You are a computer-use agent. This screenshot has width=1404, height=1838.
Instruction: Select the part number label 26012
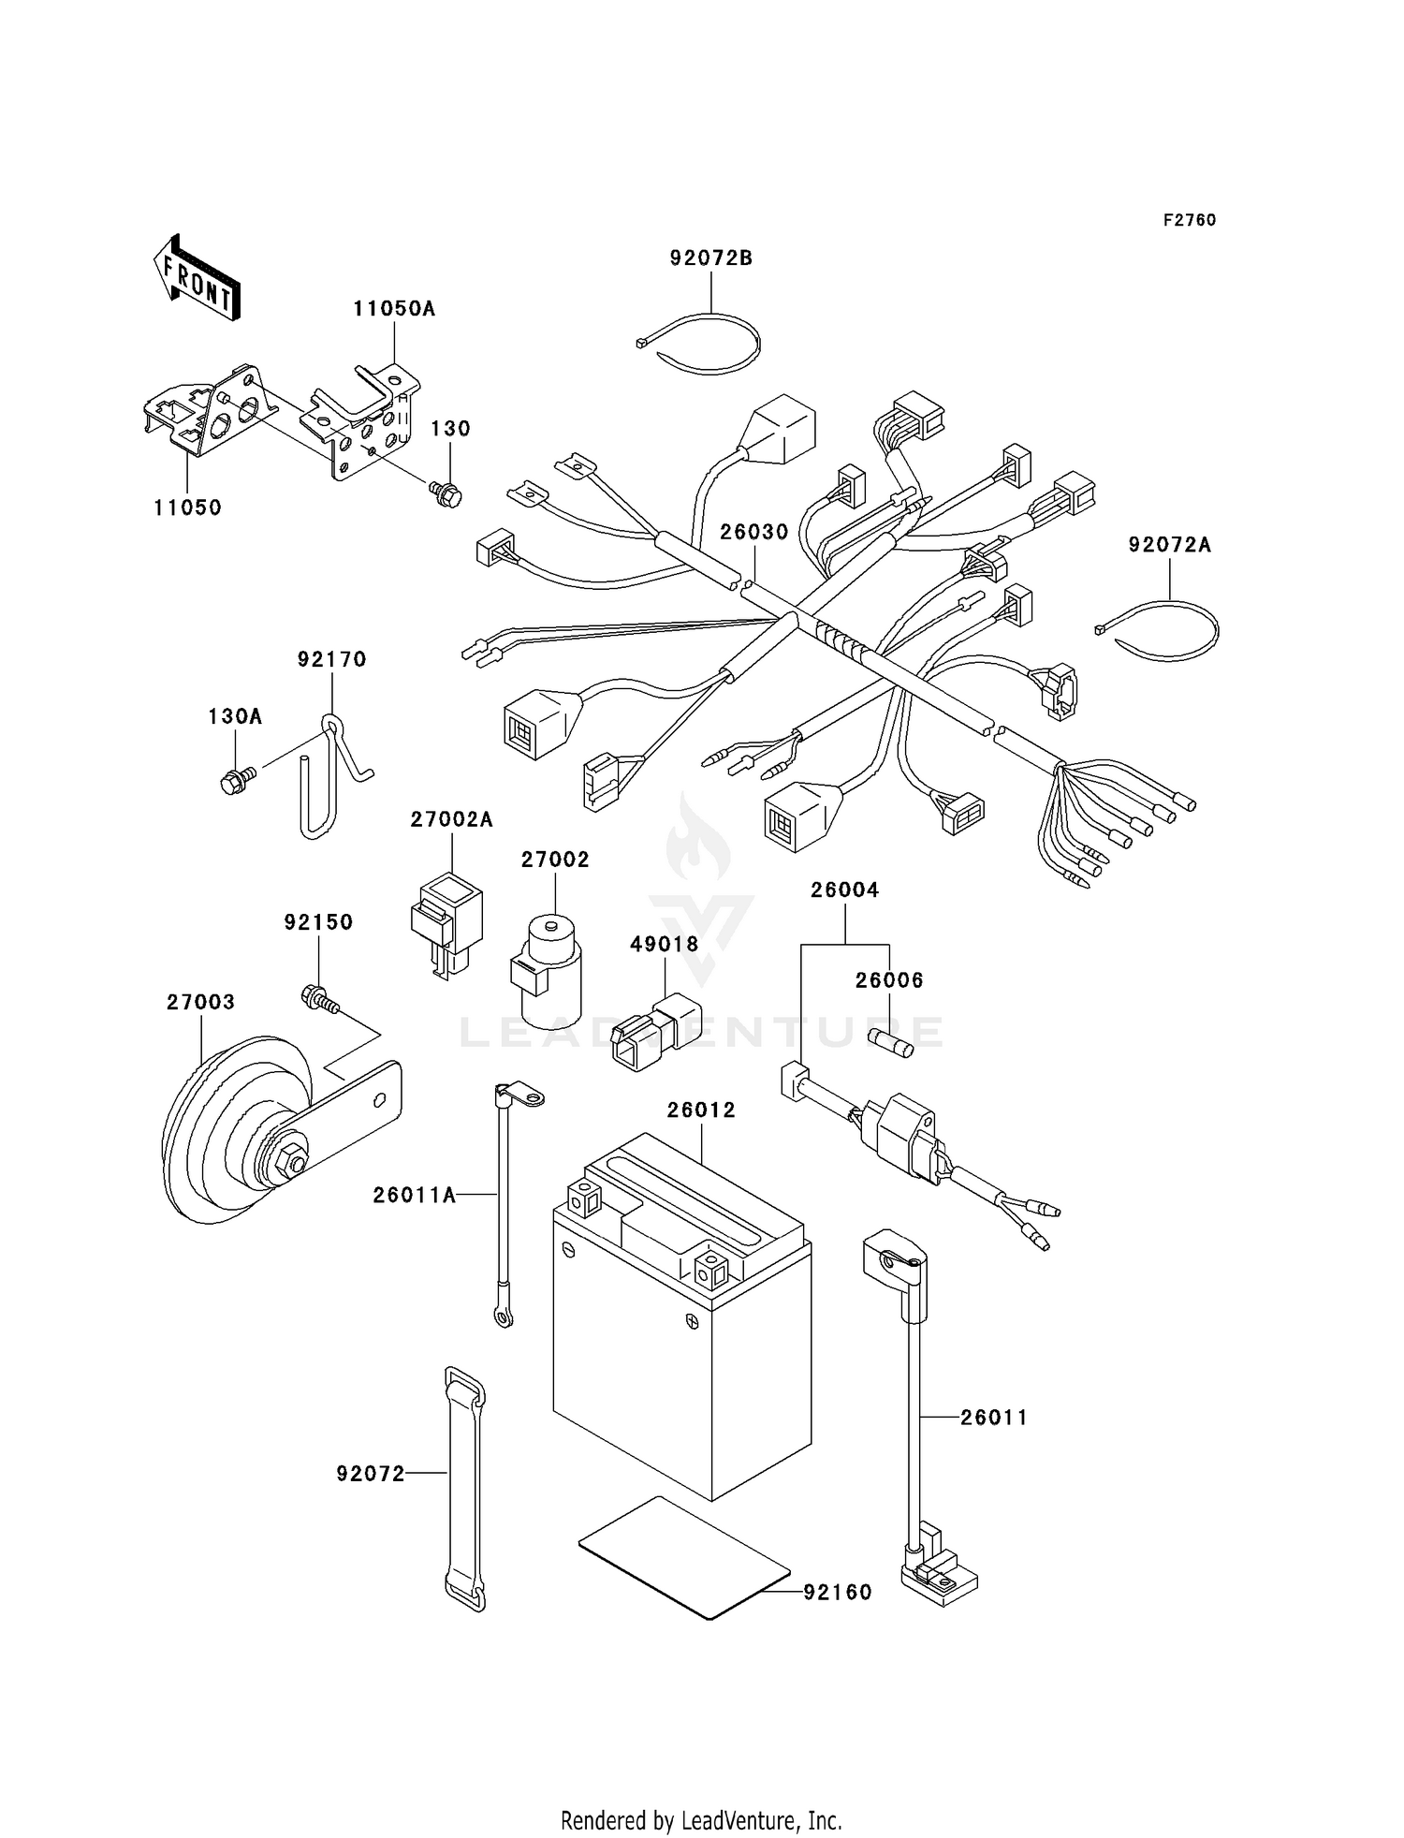(701, 1110)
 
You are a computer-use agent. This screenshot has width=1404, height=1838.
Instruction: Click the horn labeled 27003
(234, 1133)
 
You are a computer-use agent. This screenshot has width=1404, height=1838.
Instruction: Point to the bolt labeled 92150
(318, 999)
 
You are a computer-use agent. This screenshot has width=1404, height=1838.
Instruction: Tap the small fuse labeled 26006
(891, 1042)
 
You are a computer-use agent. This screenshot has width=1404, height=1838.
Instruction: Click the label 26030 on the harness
(753, 532)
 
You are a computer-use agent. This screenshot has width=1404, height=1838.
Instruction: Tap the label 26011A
(414, 1195)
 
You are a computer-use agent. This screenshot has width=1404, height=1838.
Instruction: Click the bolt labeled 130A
(234, 779)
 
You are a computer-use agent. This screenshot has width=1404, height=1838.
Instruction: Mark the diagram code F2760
(1189, 220)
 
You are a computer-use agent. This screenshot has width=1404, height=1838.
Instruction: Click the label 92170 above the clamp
(331, 659)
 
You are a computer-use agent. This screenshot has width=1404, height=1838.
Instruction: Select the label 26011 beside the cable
(993, 1418)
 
